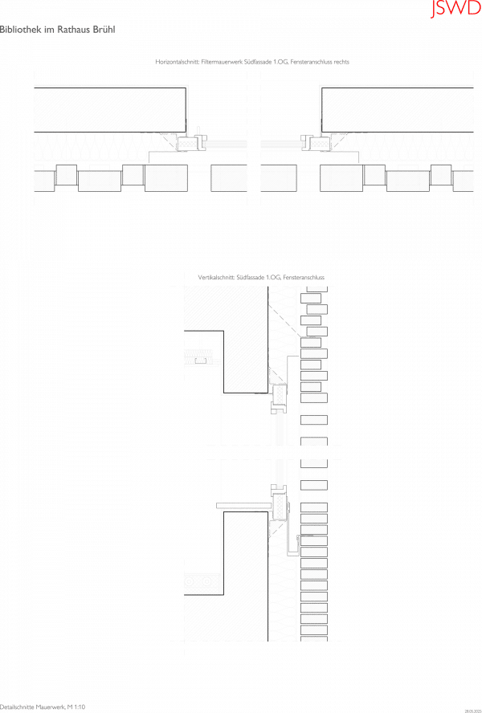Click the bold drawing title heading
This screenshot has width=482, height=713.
(x=57, y=29)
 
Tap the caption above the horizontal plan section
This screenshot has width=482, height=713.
(x=251, y=62)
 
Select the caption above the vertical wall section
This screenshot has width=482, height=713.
(x=261, y=278)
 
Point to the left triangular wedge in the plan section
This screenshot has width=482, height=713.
(x=170, y=141)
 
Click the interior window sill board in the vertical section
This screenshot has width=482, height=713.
(x=244, y=505)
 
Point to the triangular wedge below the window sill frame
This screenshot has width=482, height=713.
(x=279, y=526)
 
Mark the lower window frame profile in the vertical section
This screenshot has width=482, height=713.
(x=278, y=502)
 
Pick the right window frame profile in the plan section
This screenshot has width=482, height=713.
(x=310, y=143)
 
